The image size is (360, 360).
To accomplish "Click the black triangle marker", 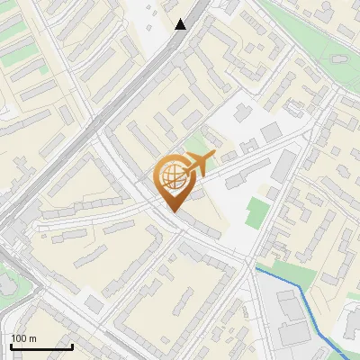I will (x=181, y=23).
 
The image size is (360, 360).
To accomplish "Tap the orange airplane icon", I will (x=195, y=165).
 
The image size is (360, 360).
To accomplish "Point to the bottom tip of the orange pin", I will (x=172, y=211).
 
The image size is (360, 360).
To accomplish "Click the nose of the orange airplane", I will (x=213, y=155).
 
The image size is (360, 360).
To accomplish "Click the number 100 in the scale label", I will (x=20, y=338).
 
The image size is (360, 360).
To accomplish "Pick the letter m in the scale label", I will (x=33, y=338).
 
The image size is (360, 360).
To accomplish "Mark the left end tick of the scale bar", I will (x=11, y=346).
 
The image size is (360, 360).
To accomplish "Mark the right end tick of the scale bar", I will (x=72, y=346).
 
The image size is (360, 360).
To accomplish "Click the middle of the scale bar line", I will (x=41, y=346).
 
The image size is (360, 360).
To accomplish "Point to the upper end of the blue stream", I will (x=256, y=268).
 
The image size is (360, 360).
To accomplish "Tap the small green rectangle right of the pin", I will (x=257, y=212).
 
